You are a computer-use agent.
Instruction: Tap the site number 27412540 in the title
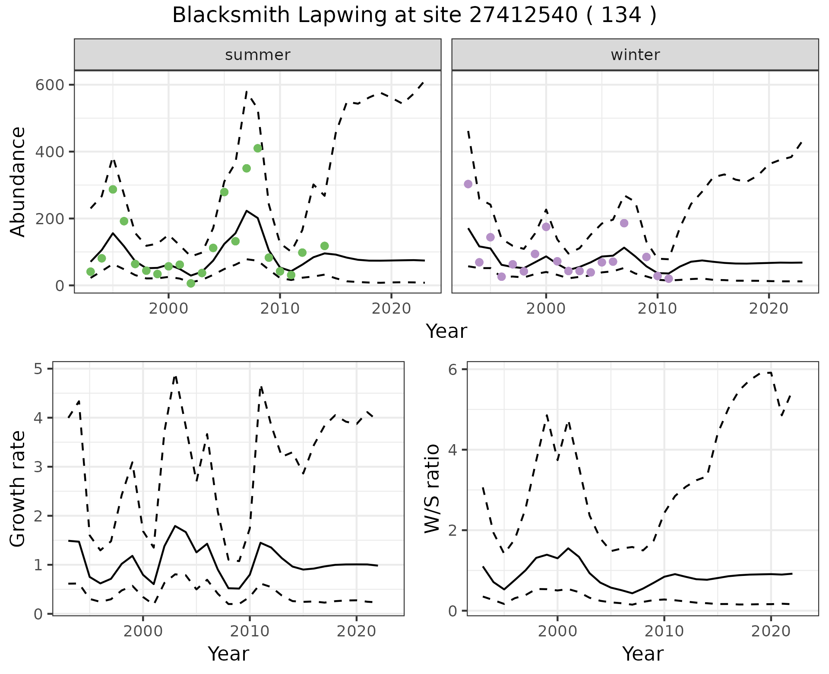pos(523,16)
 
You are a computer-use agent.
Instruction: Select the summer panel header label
pos(258,55)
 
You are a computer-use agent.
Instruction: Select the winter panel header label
pos(635,55)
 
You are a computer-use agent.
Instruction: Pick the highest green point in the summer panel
pos(258,148)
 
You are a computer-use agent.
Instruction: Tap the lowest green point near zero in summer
pos(191,283)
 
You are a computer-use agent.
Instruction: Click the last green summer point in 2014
pos(325,246)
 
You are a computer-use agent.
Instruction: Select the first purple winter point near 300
pos(468,184)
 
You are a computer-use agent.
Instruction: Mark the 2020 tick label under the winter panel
pos(769,308)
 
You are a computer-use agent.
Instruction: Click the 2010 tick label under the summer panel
pos(280,308)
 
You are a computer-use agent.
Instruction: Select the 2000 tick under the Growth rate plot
pos(143,631)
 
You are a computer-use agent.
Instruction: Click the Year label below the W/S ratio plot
pos(642,654)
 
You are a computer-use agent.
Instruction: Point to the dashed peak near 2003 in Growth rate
pos(175,376)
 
